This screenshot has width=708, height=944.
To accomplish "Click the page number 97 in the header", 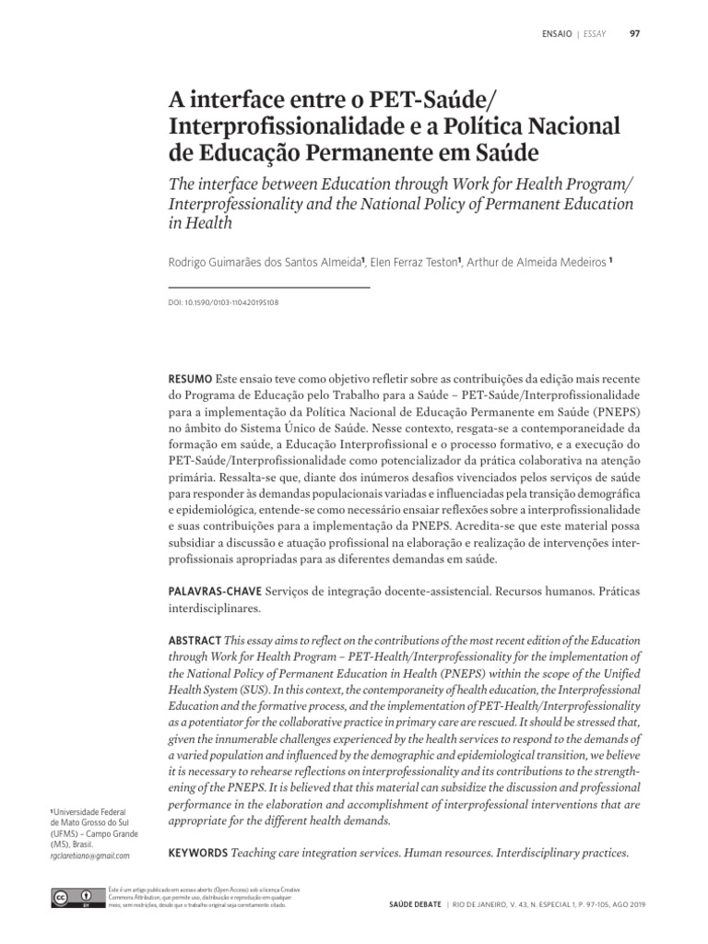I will (x=634, y=35).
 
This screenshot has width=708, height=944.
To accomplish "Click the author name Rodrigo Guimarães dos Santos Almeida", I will (x=264, y=262).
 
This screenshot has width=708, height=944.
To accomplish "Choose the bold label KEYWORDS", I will (x=197, y=853).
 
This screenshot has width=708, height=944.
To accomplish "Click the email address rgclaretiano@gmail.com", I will (x=88, y=855).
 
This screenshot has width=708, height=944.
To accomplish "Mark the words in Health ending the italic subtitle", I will (x=198, y=222).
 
